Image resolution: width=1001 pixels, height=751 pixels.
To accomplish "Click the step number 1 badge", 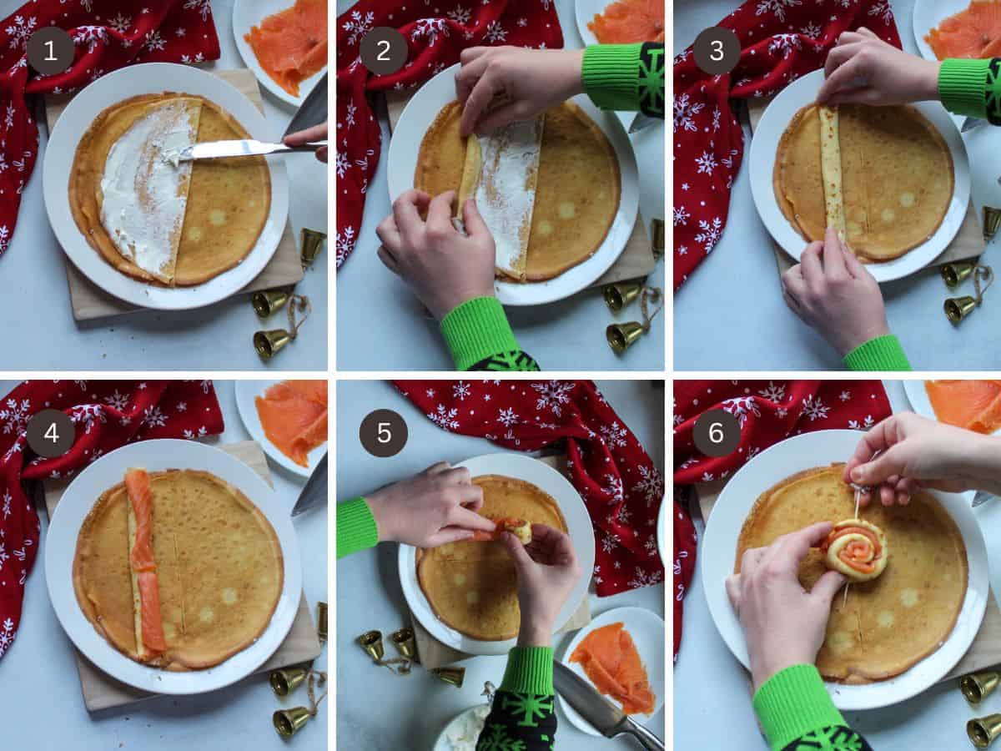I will [50, 51].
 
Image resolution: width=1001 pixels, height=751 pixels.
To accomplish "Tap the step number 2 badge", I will [384, 51].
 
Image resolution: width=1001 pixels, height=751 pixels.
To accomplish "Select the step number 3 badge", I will [717, 51].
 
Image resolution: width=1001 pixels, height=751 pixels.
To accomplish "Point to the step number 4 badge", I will [50, 433].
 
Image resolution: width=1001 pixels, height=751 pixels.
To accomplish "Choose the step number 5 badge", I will [384, 433].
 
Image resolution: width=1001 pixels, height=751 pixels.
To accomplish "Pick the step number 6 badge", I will [717, 433].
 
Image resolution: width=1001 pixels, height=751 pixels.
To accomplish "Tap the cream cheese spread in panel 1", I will [146, 188].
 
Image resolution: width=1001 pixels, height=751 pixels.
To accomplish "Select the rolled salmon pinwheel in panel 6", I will [854, 548].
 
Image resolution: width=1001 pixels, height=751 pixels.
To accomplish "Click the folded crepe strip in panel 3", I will [832, 171].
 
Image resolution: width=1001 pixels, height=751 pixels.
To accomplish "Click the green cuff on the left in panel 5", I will [356, 527].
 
